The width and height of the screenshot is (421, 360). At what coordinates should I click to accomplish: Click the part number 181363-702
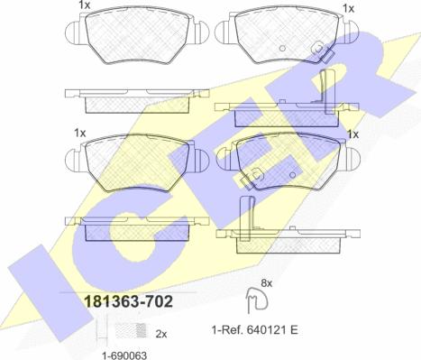tap(129, 301)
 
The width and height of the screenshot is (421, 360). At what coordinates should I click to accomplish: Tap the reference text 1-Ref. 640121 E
tap(255, 330)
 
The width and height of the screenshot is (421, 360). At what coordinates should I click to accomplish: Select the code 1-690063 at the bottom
tap(124, 355)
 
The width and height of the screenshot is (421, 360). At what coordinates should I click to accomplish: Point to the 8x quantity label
tap(266, 283)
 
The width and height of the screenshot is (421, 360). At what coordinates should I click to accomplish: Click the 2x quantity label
tap(161, 334)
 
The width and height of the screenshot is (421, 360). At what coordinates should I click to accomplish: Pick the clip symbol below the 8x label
tap(257, 300)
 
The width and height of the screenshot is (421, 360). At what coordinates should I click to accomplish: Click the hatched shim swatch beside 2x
tap(131, 331)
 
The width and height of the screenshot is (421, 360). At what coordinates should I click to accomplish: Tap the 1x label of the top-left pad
tap(85, 5)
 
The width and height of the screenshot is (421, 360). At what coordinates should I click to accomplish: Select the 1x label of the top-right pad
tap(349, 9)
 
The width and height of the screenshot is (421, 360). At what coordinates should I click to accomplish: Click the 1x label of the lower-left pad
tap(80, 133)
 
